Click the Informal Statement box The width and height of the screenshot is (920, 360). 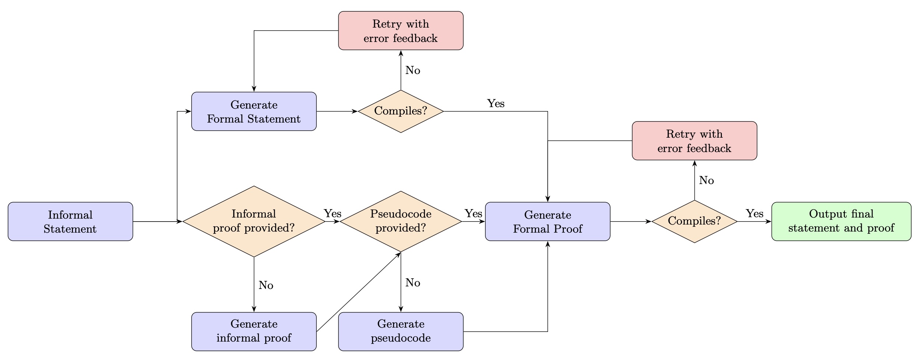pyautogui.click(x=70, y=222)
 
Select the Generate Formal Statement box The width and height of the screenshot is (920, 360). pyautogui.click(x=254, y=112)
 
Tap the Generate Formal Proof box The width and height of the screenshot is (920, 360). pyautogui.click(x=547, y=222)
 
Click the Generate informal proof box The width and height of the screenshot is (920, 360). pyautogui.click(x=254, y=331)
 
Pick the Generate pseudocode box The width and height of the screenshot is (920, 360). pyautogui.click(x=401, y=331)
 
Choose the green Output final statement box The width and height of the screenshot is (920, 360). pyautogui.click(x=841, y=222)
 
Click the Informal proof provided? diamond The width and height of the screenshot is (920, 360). pyautogui.click(x=254, y=222)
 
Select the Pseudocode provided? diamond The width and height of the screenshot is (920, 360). pyautogui.click(x=401, y=222)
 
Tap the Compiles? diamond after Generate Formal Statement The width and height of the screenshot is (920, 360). pyautogui.click(x=401, y=111)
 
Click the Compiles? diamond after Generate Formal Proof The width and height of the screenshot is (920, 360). pyautogui.click(x=694, y=221)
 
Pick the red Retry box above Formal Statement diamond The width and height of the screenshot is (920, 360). pyautogui.click(x=401, y=31)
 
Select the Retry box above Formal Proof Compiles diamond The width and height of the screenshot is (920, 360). pyautogui.click(x=694, y=141)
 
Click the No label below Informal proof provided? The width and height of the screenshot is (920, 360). pyautogui.click(x=266, y=286)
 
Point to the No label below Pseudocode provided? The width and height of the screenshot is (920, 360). pyautogui.click(x=412, y=283)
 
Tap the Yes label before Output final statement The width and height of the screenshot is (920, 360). pyautogui.click(x=754, y=214)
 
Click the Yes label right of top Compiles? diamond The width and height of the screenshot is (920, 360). pyautogui.click(x=495, y=104)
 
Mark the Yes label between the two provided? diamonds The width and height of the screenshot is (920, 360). pyautogui.click(x=332, y=214)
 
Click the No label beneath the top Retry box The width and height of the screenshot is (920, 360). pyautogui.click(x=412, y=71)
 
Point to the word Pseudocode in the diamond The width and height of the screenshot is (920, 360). pyautogui.click(x=401, y=214)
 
